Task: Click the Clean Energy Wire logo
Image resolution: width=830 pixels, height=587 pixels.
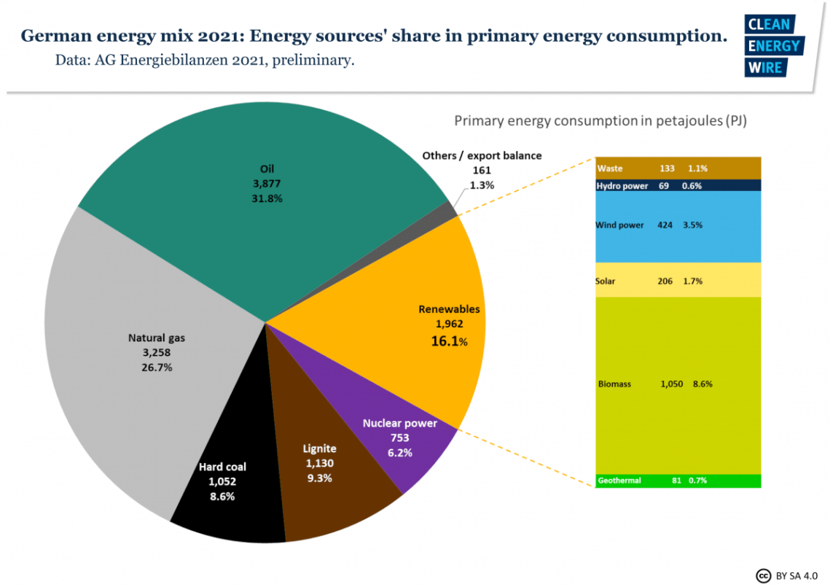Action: coord(772,46)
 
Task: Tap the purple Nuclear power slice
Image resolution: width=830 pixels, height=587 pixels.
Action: coord(408,452)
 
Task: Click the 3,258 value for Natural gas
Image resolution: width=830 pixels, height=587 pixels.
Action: coord(157,353)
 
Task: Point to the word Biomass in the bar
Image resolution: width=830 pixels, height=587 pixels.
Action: coord(614,384)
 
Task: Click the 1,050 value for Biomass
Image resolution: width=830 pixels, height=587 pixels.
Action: coord(671,384)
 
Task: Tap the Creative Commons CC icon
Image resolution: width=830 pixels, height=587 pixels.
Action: coord(763,575)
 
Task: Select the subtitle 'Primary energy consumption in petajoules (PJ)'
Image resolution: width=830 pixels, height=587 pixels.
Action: coord(600,120)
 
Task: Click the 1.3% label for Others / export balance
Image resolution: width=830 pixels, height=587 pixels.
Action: coord(482,185)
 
